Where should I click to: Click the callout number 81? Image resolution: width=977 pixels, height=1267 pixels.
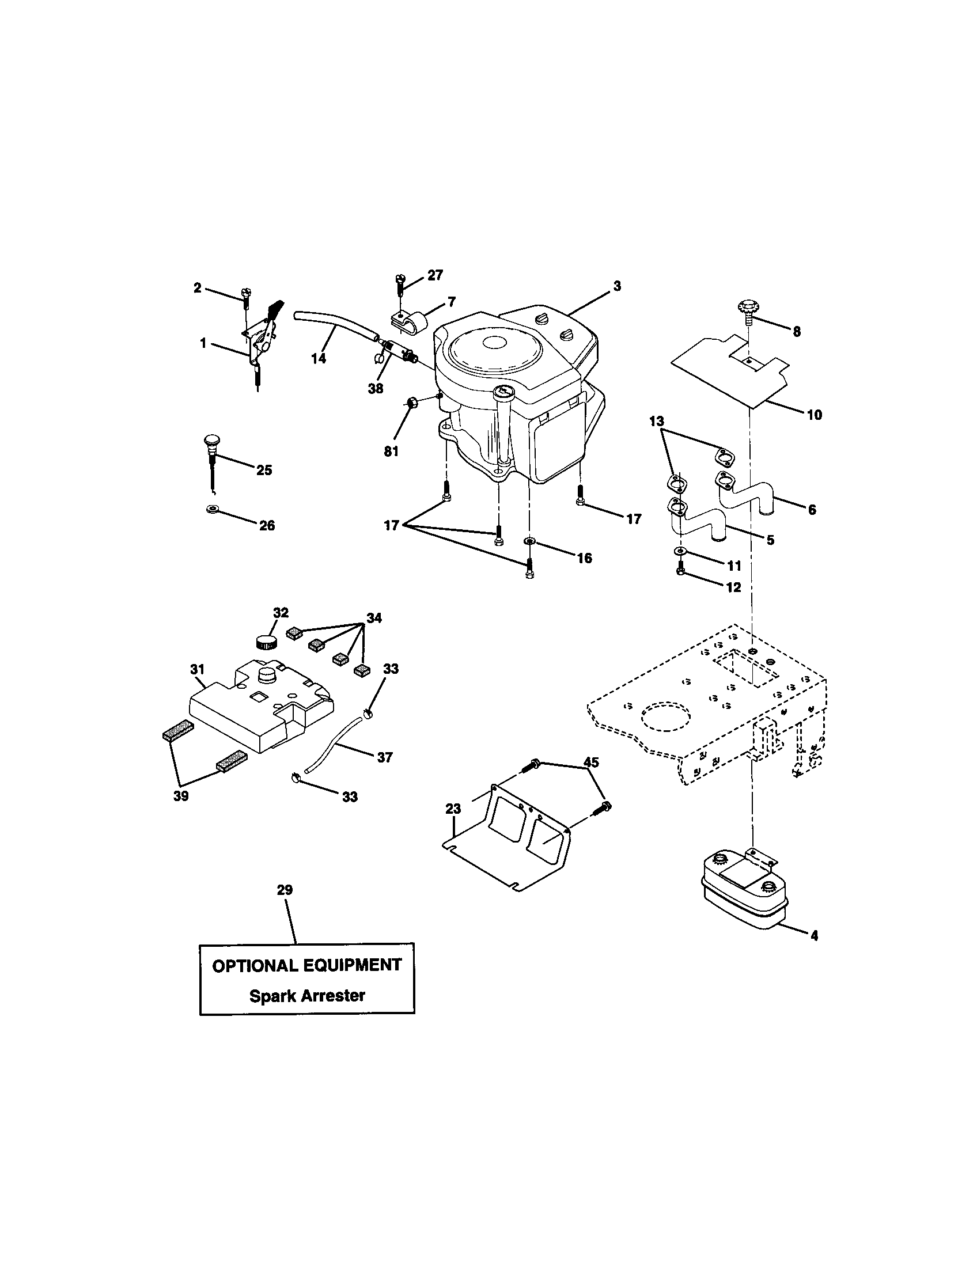(x=391, y=451)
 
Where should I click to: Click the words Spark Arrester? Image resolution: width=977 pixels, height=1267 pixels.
(x=307, y=996)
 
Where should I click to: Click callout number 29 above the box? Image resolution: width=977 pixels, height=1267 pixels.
(x=284, y=889)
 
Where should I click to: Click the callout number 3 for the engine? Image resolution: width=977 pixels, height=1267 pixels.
(x=617, y=286)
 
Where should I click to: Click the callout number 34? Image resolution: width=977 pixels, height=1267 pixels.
(x=374, y=618)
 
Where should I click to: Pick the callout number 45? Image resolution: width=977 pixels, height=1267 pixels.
(x=591, y=762)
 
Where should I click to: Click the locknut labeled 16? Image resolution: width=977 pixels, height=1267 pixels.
(x=530, y=542)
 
